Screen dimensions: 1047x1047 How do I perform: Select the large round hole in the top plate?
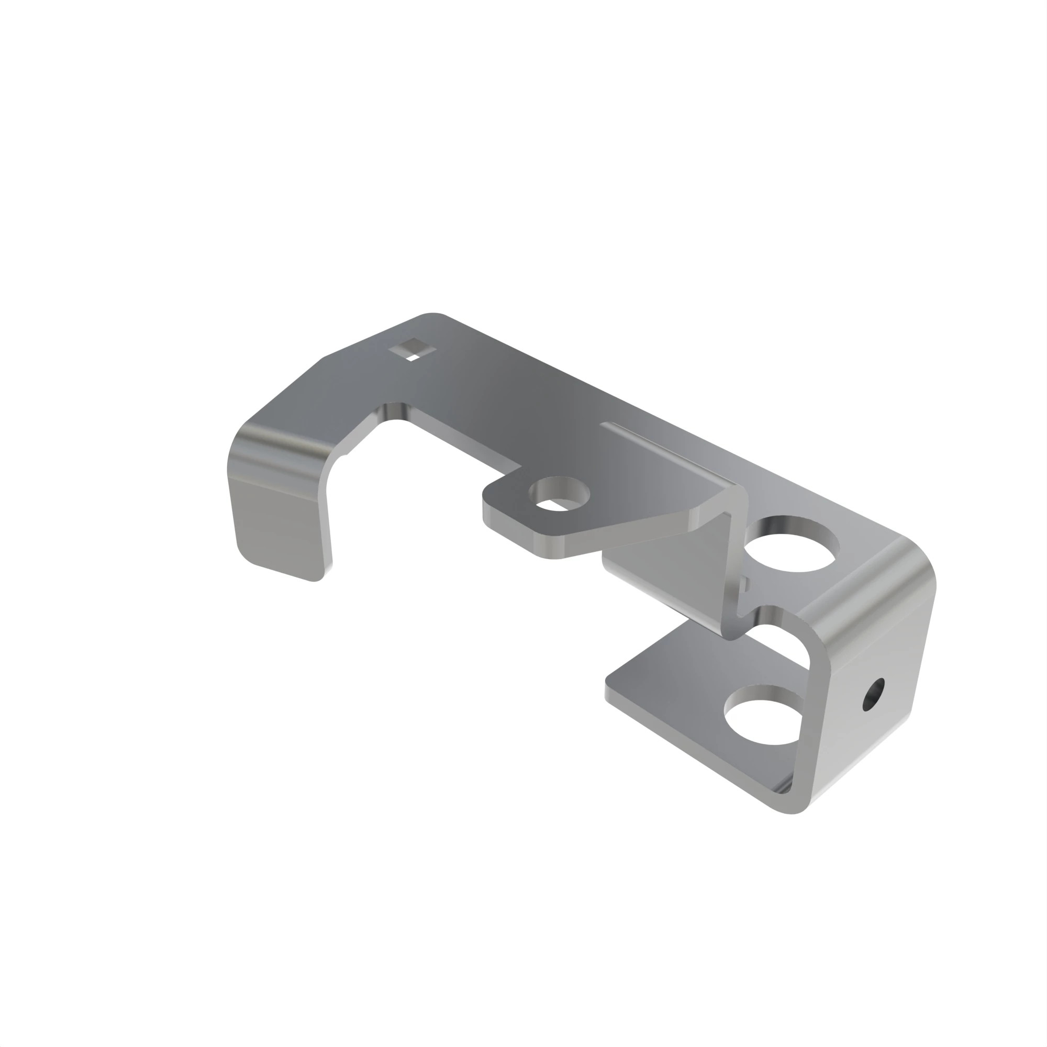(792, 544)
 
